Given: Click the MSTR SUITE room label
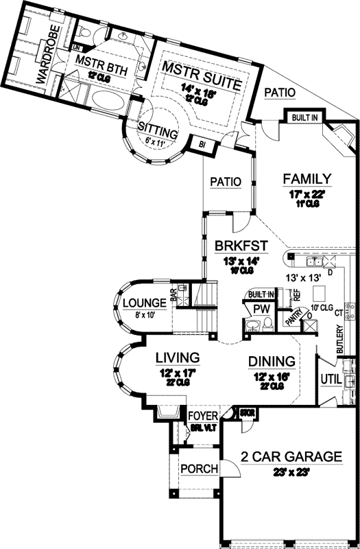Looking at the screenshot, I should (201, 67).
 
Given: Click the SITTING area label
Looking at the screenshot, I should (158, 130).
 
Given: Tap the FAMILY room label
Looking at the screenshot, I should (307, 179).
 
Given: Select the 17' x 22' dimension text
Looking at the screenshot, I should (307, 194).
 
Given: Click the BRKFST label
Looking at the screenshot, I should (240, 245).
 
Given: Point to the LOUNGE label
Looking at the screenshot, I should (144, 303).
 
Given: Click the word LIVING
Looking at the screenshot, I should (177, 358).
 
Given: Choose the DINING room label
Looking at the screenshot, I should (272, 361).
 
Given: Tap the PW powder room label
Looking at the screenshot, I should (261, 309).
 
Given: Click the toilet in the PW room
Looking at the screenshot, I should (268, 323).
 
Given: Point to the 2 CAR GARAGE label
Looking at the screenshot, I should (291, 456).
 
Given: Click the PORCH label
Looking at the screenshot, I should (198, 469).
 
